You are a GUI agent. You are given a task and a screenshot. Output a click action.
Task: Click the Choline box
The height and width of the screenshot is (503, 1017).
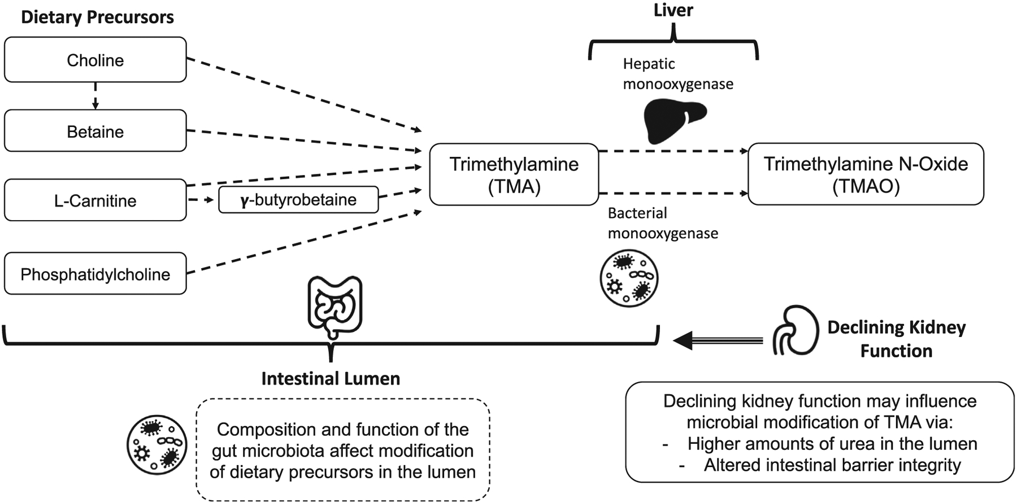point(95,60)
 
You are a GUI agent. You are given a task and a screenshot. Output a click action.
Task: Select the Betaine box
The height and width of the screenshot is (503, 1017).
point(95,131)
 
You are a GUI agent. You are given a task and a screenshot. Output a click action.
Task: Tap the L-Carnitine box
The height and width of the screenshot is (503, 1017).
point(95,200)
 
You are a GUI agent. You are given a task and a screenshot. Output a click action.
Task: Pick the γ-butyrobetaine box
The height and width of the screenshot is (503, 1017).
point(298,200)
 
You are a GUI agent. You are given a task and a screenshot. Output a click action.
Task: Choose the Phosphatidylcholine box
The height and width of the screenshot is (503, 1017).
point(95,274)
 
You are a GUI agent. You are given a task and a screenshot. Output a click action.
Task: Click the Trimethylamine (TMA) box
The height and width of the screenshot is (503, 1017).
point(514,174)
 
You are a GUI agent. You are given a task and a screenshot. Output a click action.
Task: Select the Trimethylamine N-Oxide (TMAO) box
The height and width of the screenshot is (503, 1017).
point(866,174)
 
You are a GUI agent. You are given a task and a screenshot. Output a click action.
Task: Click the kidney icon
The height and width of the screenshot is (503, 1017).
point(796,330)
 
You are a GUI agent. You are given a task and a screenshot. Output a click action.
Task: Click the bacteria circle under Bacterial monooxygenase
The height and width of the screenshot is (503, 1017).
point(629,278)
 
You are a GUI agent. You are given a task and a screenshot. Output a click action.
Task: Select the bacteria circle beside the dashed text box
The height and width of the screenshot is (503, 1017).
point(157,445)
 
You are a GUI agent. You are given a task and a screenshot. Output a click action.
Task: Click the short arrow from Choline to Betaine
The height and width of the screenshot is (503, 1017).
point(95,96)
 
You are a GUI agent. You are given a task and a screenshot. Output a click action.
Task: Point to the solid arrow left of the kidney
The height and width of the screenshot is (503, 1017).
point(718,340)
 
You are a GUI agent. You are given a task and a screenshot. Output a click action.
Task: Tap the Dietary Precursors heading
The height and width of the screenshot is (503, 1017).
point(97,17)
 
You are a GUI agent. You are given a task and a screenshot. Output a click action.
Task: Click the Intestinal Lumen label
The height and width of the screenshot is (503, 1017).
point(331,378)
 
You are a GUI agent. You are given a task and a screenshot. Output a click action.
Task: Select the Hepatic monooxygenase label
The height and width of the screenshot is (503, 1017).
point(678,73)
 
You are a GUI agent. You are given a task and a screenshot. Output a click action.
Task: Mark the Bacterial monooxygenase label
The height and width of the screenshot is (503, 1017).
point(663,223)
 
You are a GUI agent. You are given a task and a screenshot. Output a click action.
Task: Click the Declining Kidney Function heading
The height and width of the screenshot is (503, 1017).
point(897,339)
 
